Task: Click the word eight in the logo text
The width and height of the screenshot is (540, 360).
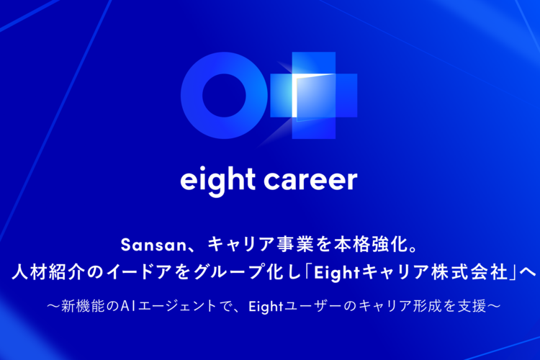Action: [x=217, y=180]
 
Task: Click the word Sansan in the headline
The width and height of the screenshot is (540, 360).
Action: [x=153, y=245]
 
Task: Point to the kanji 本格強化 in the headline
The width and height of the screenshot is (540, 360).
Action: [x=372, y=245]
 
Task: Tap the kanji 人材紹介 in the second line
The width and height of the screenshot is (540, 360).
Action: [x=48, y=272]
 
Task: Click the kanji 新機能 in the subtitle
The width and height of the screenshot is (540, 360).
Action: [x=83, y=306]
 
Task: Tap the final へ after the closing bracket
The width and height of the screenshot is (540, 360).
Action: [x=528, y=273]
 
